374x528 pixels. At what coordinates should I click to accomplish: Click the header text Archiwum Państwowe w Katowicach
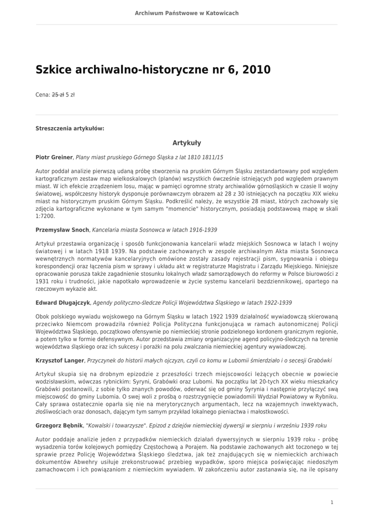tap(187, 13)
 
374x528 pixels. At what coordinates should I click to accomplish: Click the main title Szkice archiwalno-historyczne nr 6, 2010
tap(153, 70)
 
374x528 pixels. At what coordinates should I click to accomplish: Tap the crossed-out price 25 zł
tap(58, 95)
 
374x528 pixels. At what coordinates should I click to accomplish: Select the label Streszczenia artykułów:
tap(70, 128)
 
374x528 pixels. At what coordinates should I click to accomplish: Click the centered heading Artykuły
tap(187, 143)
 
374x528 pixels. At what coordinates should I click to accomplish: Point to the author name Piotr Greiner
tap(54, 157)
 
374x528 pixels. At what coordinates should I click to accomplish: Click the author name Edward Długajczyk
tap(63, 303)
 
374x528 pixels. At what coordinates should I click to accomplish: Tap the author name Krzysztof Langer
tap(59, 360)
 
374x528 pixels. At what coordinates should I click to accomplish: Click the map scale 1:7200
tap(45, 216)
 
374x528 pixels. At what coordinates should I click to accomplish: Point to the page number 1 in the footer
tap(332, 502)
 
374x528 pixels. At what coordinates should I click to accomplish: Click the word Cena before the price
tap(42, 95)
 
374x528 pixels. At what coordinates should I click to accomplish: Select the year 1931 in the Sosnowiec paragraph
tap(43, 282)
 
